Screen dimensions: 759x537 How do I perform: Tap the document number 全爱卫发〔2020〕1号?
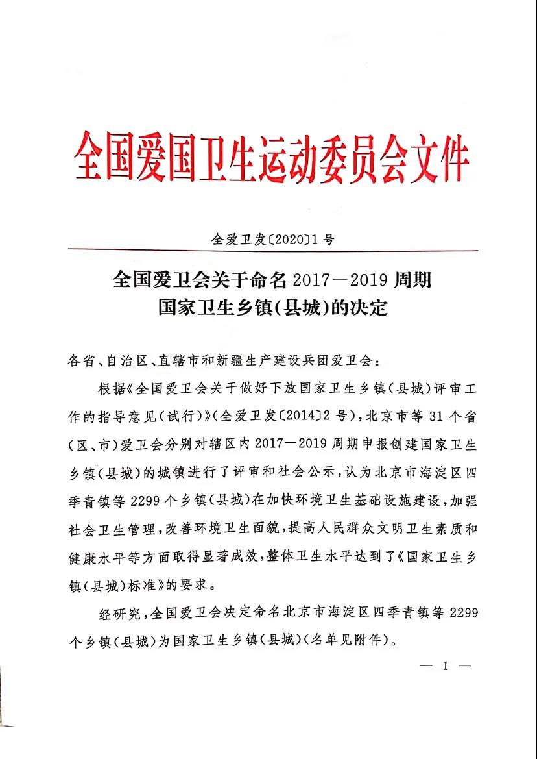tap(273, 239)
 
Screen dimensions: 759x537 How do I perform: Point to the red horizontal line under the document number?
tap(272, 251)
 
